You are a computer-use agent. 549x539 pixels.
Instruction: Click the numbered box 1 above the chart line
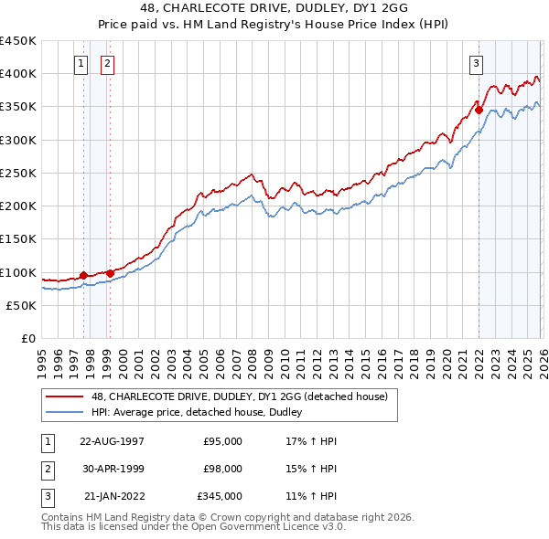point(81,63)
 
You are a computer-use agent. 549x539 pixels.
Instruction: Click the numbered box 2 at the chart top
point(107,63)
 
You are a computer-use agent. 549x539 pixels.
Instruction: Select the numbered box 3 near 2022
point(477,63)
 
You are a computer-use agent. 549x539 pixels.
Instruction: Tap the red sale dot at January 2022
point(479,110)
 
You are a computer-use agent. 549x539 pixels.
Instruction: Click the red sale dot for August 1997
point(83,275)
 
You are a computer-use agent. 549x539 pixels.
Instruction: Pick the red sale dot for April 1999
point(110,273)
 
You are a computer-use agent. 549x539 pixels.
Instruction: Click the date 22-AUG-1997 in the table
point(112,441)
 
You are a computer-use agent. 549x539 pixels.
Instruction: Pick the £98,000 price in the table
point(222,469)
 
